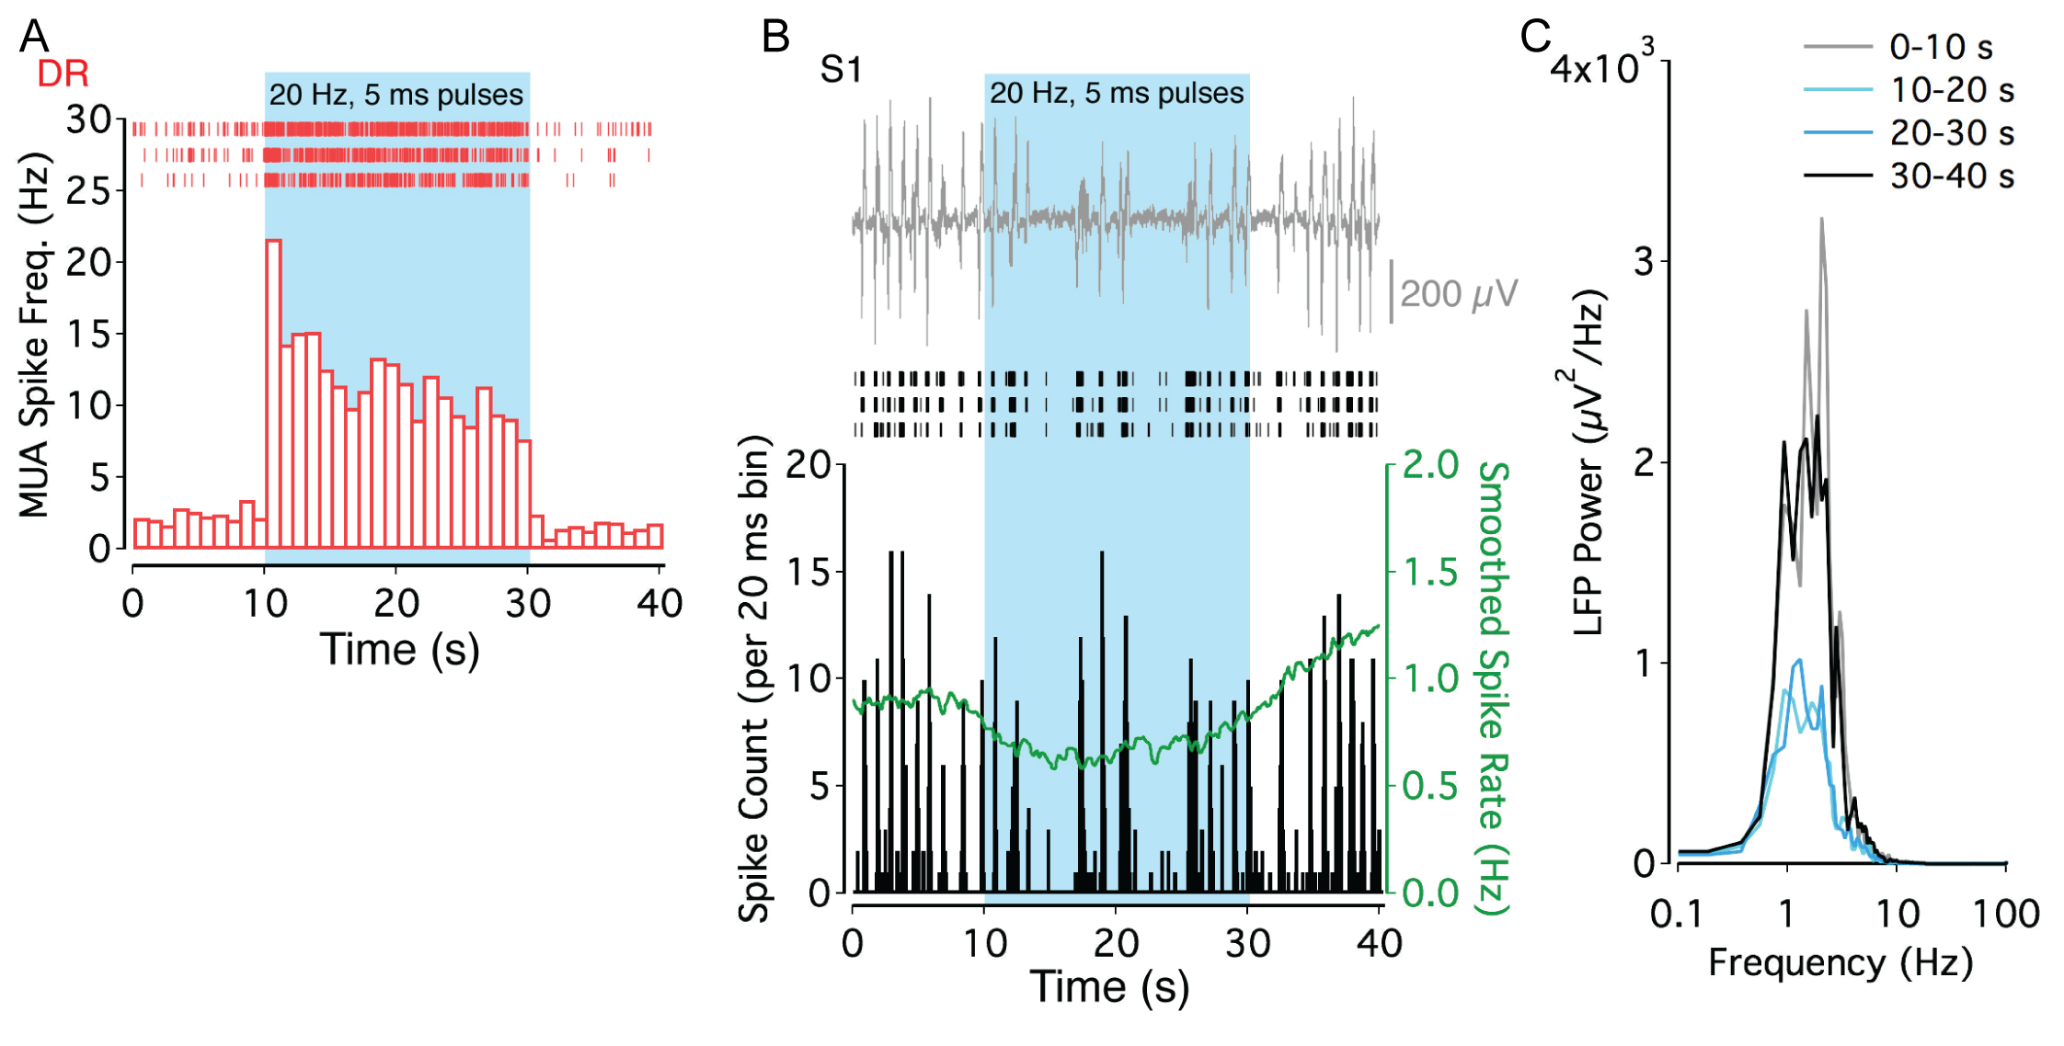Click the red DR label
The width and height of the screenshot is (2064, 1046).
[63, 74]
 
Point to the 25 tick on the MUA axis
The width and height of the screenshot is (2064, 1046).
[87, 191]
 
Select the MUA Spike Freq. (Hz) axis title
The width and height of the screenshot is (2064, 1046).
[34, 335]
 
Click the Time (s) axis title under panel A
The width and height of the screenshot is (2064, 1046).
[399, 651]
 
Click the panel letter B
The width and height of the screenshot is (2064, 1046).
[775, 37]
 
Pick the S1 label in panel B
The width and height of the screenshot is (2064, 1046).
[841, 70]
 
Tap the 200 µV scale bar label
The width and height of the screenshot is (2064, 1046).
[1458, 294]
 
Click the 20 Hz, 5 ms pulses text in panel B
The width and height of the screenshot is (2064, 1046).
[1116, 93]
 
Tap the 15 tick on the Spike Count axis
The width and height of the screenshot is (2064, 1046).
[808, 572]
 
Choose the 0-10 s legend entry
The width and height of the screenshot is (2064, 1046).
[1941, 47]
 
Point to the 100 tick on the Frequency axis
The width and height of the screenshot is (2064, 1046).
[2006, 915]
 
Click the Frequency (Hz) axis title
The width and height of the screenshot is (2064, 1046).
[1840, 962]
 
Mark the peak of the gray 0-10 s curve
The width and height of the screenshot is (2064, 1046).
[1821, 219]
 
